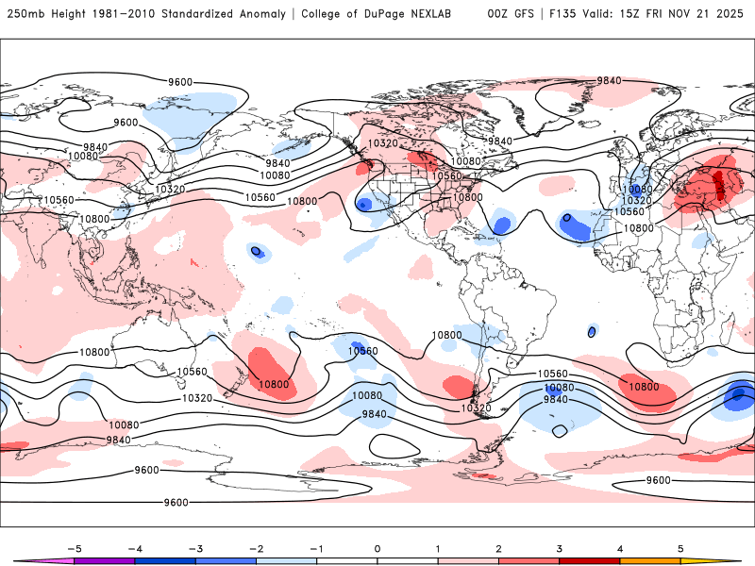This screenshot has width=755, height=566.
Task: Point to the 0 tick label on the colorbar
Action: [377, 548]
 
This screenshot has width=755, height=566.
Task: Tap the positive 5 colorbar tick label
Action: [680, 548]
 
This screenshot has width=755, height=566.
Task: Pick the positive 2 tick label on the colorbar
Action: [498, 548]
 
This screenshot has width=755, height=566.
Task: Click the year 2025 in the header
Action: [732, 14]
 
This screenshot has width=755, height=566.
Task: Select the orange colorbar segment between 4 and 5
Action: [650, 561]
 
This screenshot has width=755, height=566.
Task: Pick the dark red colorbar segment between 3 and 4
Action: [589, 561]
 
